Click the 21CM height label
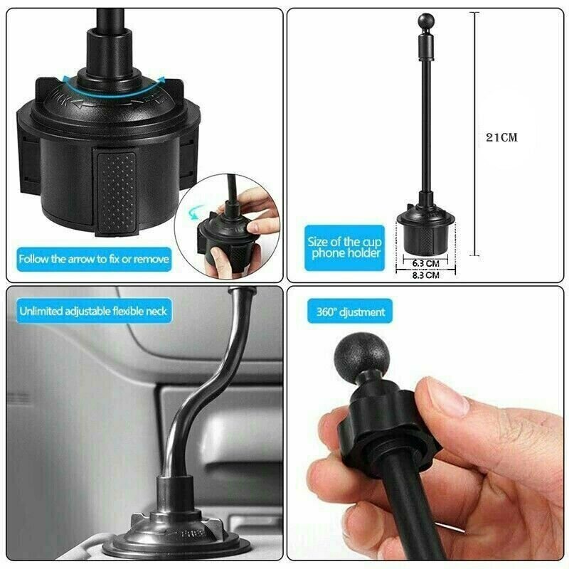click(x=501, y=138)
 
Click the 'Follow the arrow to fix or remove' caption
click(x=95, y=259)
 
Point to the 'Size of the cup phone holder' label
click(x=344, y=247)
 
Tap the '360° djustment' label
click(x=351, y=312)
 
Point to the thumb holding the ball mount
click(x=441, y=410)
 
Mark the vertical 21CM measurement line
click(x=476, y=135)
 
